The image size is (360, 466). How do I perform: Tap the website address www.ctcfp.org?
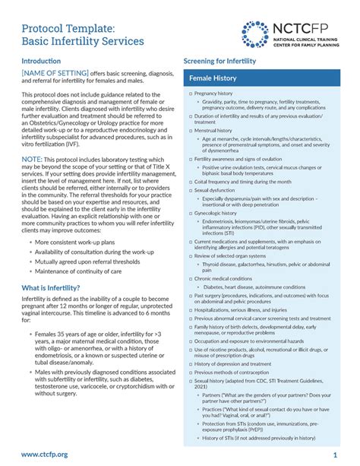(x=48, y=454)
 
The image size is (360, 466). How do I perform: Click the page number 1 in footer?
(x=335, y=454)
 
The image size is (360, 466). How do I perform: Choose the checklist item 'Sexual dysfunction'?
(x=219, y=190)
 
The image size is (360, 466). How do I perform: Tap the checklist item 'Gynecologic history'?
(x=220, y=214)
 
